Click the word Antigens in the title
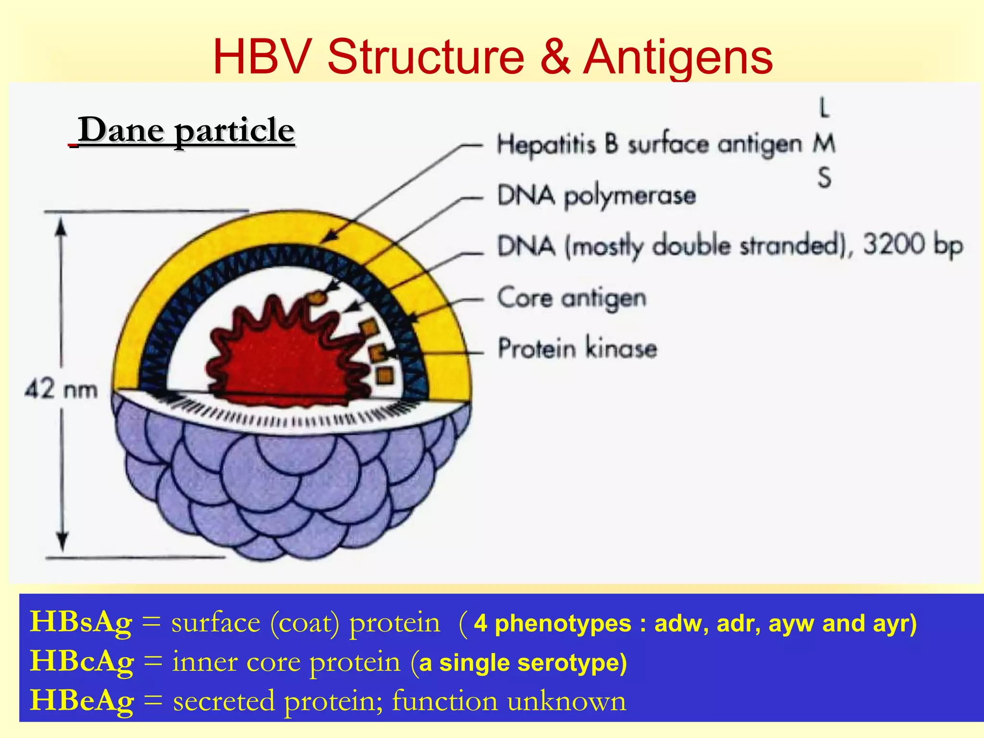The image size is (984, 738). click(677, 58)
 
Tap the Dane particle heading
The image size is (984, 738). click(186, 130)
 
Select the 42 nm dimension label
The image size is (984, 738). click(61, 389)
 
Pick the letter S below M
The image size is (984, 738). click(824, 178)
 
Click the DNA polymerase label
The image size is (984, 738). click(596, 196)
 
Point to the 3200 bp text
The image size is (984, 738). click(912, 245)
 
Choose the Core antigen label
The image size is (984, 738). click(572, 298)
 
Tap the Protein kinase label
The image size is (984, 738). click(577, 348)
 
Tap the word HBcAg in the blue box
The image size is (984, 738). click(82, 662)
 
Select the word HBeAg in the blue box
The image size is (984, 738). click(82, 701)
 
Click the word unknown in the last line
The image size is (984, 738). click(567, 701)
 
